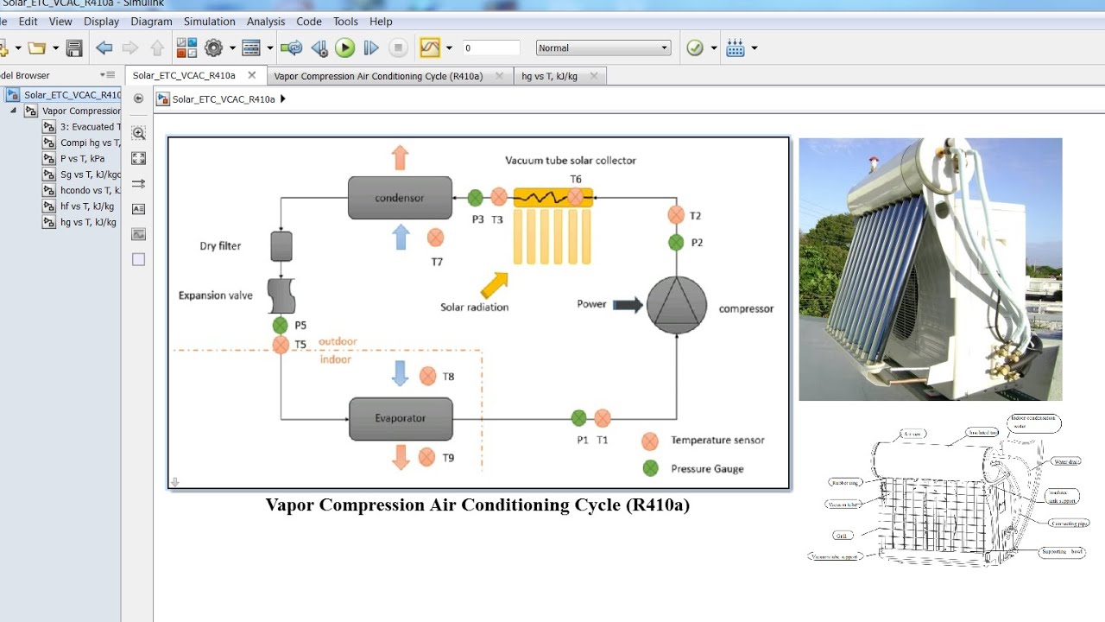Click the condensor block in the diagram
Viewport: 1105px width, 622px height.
click(400, 198)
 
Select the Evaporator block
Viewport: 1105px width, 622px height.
click(401, 419)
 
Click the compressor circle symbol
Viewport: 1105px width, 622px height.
click(677, 305)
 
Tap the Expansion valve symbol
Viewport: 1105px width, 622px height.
click(281, 295)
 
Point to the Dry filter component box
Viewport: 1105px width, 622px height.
click(281, 246)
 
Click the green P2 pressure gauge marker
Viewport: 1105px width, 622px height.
click(676, 243)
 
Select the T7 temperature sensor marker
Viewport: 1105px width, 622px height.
click(436, 237)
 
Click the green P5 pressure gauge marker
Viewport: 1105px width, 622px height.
click(281, 326)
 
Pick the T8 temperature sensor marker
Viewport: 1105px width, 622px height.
click(427, 376)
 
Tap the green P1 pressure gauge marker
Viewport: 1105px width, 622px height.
click(579, 418)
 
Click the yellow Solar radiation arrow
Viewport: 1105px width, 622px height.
click(494, 285)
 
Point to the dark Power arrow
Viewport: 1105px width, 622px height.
click(628, 304)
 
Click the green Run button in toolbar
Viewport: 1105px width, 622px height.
click(345, 48)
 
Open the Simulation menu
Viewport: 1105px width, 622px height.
click(209, 22)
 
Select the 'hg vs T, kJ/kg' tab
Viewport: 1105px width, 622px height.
click(549, 76)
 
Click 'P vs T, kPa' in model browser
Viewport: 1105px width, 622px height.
click(82, 158)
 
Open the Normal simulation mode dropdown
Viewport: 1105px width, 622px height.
click(603, 48)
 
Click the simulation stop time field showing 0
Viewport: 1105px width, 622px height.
click(490, 48)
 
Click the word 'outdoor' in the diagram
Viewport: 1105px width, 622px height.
click(338, 341)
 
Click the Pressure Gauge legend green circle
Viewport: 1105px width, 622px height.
click(651, 468)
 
